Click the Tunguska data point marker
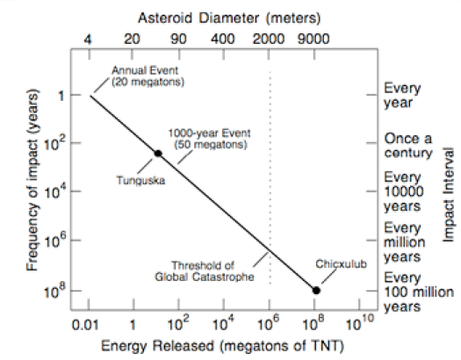[x=158, y=154]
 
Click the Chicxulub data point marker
[x=316, y=291]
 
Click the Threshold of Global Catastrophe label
[x=213, y=269]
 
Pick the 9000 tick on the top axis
[x=315, y=39]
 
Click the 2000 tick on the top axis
[x=270, y=39]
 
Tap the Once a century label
[x=408, y=146]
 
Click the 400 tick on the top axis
[x=223, y=39]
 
